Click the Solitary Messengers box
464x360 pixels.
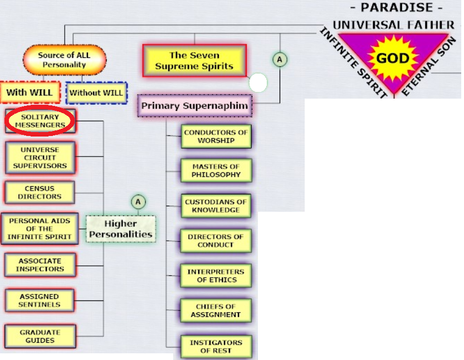(x=40, y=121)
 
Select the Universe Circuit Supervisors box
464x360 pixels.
(x=40, y=158)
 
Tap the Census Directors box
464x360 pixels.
(x=40, y=193)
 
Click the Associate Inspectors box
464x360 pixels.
(x=40, y=265)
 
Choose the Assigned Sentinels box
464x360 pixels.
(x=40, y=300)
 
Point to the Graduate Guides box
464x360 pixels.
(x=40, y=337)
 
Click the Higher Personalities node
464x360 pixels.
(x=121, y=229)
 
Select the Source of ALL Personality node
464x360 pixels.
(x=64, y=60)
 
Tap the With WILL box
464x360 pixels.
(x=30, y=93)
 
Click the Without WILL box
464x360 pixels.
(x=96, y=93)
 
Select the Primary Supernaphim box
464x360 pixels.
(x=194, y=105)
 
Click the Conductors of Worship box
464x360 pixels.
(x=216, y=137)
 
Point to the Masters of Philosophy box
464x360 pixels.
(x=216, y=171)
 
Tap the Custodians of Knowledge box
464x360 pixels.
(x=216, y=206)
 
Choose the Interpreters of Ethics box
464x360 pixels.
(x=216, y=276)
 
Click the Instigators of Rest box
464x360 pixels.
(x=216, y=347)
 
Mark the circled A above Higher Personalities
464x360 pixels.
(x=138, y=201)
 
